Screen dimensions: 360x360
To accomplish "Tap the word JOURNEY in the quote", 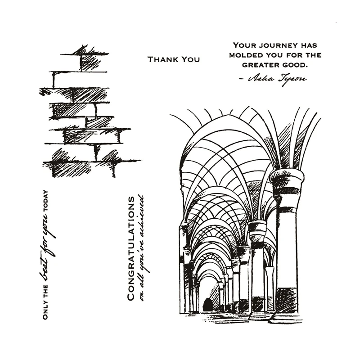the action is pos(275,45).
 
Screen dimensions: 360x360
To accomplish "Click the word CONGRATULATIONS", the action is pos(131,248).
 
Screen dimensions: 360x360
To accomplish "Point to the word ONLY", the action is pos(45,310).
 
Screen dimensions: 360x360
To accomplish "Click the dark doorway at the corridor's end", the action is pos(207,305).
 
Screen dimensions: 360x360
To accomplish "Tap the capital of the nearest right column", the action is pos(287,180).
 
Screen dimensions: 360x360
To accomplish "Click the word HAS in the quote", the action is pos(308,45).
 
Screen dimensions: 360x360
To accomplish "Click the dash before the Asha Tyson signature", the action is pos(241,79).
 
